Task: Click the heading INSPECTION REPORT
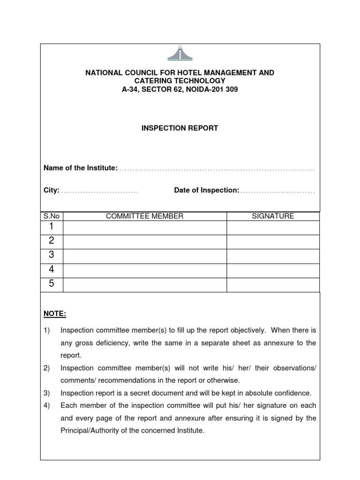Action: pos(180,128)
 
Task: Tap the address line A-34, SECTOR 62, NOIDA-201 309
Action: pos(180,89)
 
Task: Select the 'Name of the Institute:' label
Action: pos(80,168)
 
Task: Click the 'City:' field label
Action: pos(52,190)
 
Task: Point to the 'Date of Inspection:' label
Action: pos(207,190)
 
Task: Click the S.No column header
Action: pos(52,216)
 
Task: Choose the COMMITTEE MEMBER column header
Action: pos(144,216)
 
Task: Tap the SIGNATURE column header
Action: pos(273,216)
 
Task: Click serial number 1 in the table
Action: pos(52,227)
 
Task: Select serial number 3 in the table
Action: pos(52,255)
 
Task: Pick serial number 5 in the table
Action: pos(52,284)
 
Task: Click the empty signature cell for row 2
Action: pos(273,242)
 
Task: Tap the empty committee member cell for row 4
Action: pos(144,270)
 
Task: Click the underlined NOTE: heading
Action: pos(55,313)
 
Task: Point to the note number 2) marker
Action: pos(47,368)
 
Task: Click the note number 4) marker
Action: pos(47,405)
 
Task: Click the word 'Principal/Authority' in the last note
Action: pos(89,430)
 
